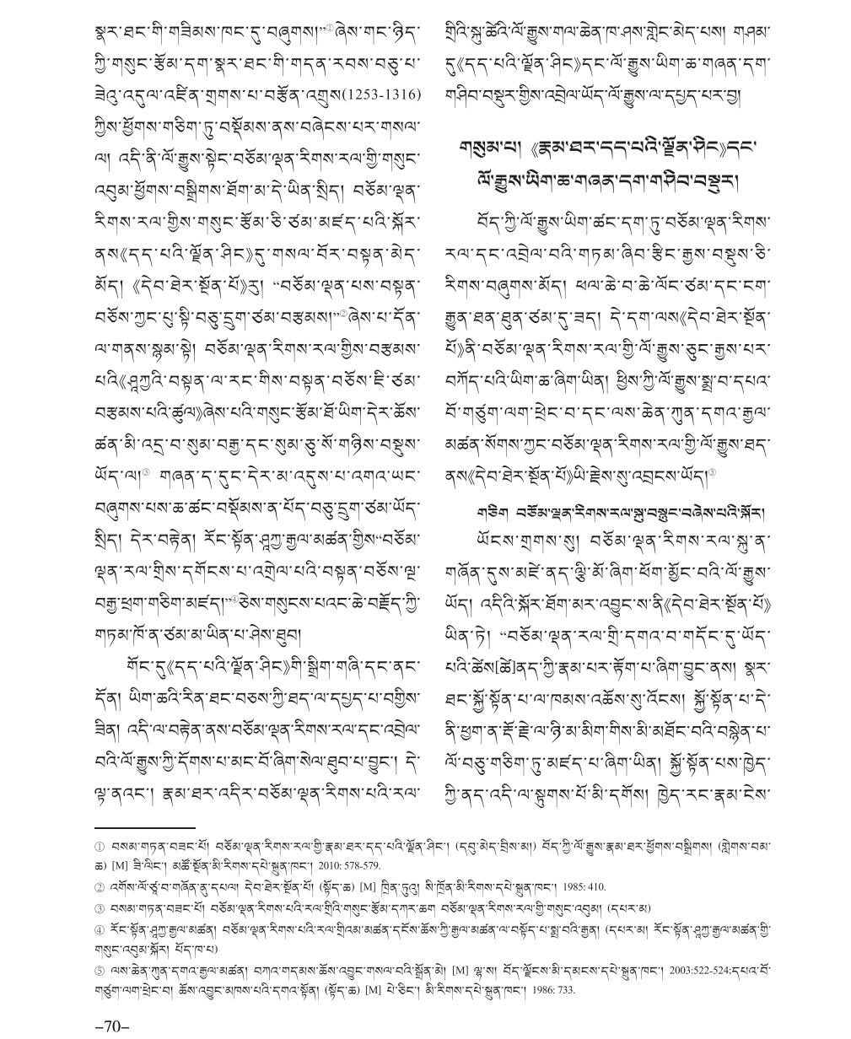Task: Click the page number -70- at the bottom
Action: pos(112,1026)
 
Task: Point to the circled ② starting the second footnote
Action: pos(100,886)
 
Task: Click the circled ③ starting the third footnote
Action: pos(100,907)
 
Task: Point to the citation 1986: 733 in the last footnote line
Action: pos(552,989)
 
